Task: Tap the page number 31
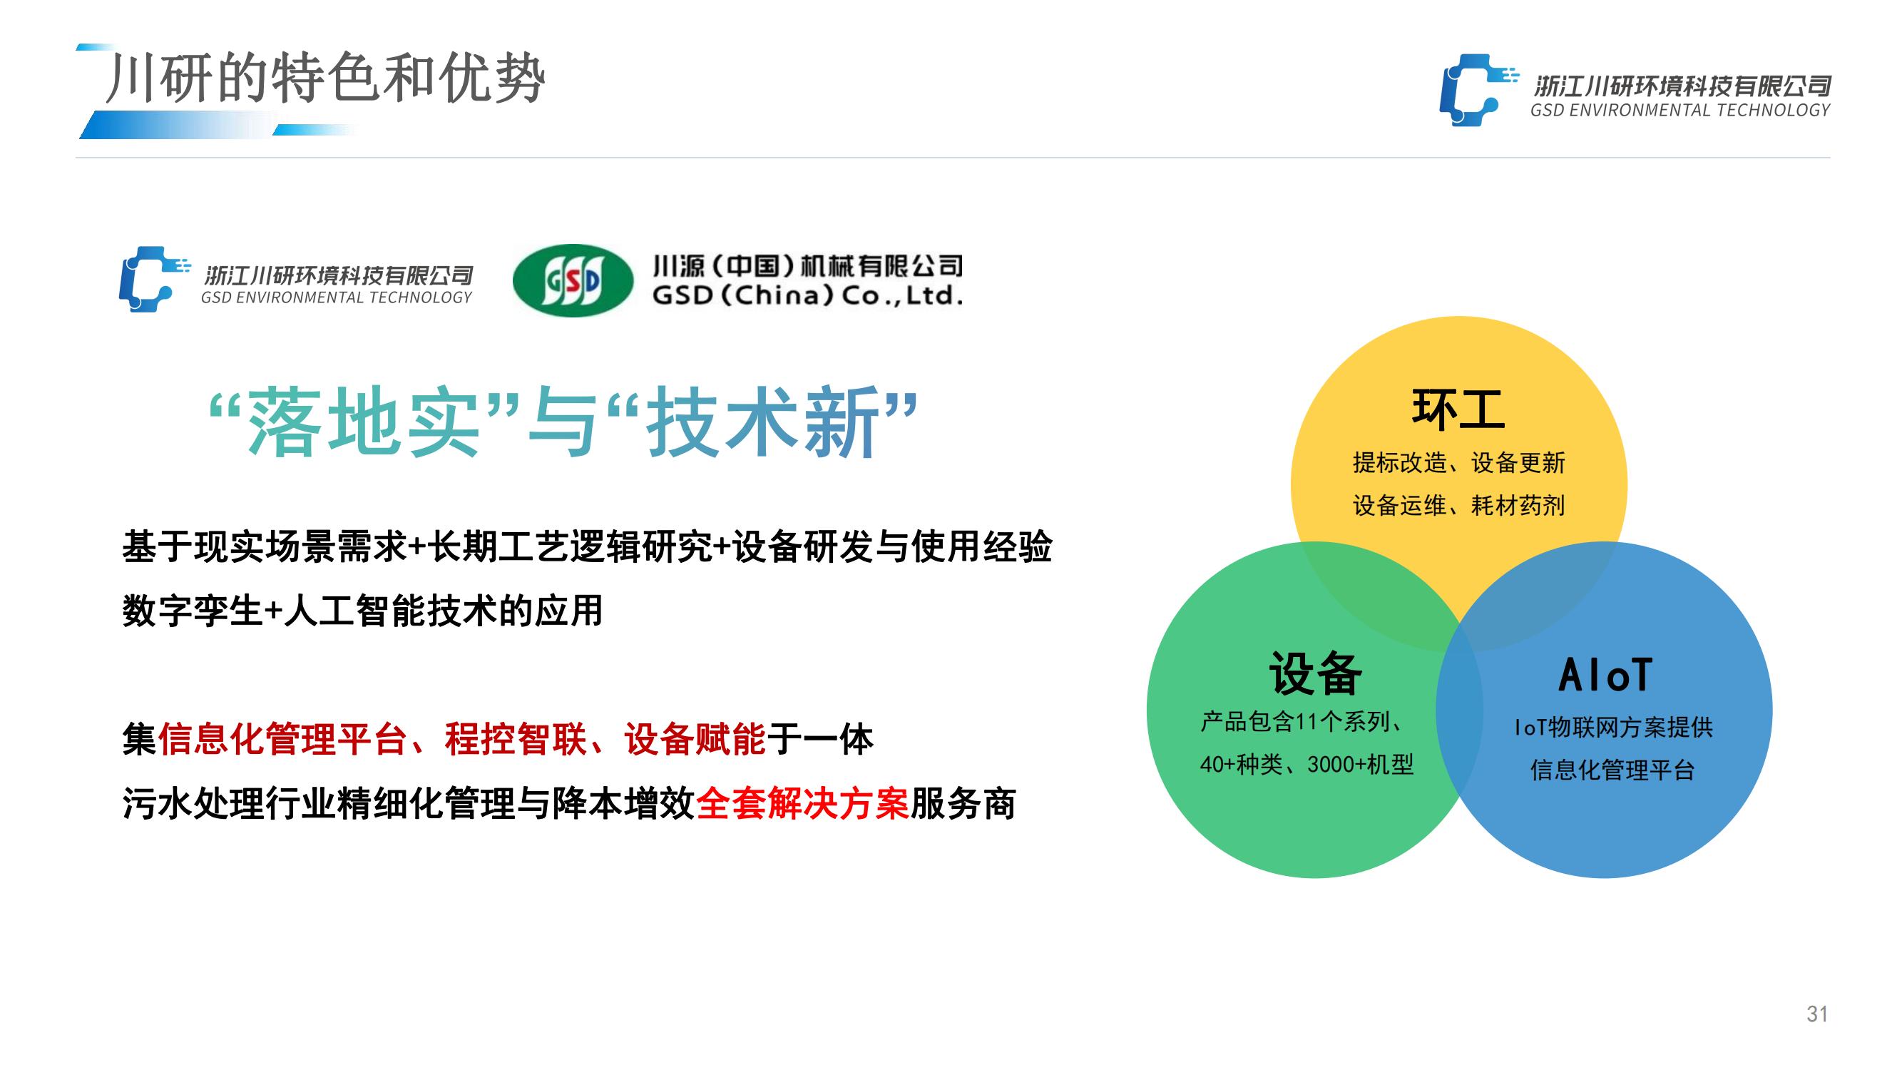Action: [1817, 1014]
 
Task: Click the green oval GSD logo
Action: [573, 280]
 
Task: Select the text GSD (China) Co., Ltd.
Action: [807, 296]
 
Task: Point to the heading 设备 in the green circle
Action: [1315, 673]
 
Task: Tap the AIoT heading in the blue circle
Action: [1605, 675]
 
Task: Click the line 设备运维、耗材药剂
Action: [1459, 506]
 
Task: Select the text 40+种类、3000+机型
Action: [1306, 764]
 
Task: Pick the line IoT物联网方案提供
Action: [1613, 728]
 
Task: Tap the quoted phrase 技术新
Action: [762, 422]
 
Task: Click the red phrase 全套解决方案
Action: [802, 804]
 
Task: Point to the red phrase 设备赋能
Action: [694, 739]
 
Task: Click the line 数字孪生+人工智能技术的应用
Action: [362, 611]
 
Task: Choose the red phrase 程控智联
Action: [516, 739]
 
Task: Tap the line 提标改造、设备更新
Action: [1459, 463]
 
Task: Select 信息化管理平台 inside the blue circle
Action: [1612, 770]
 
